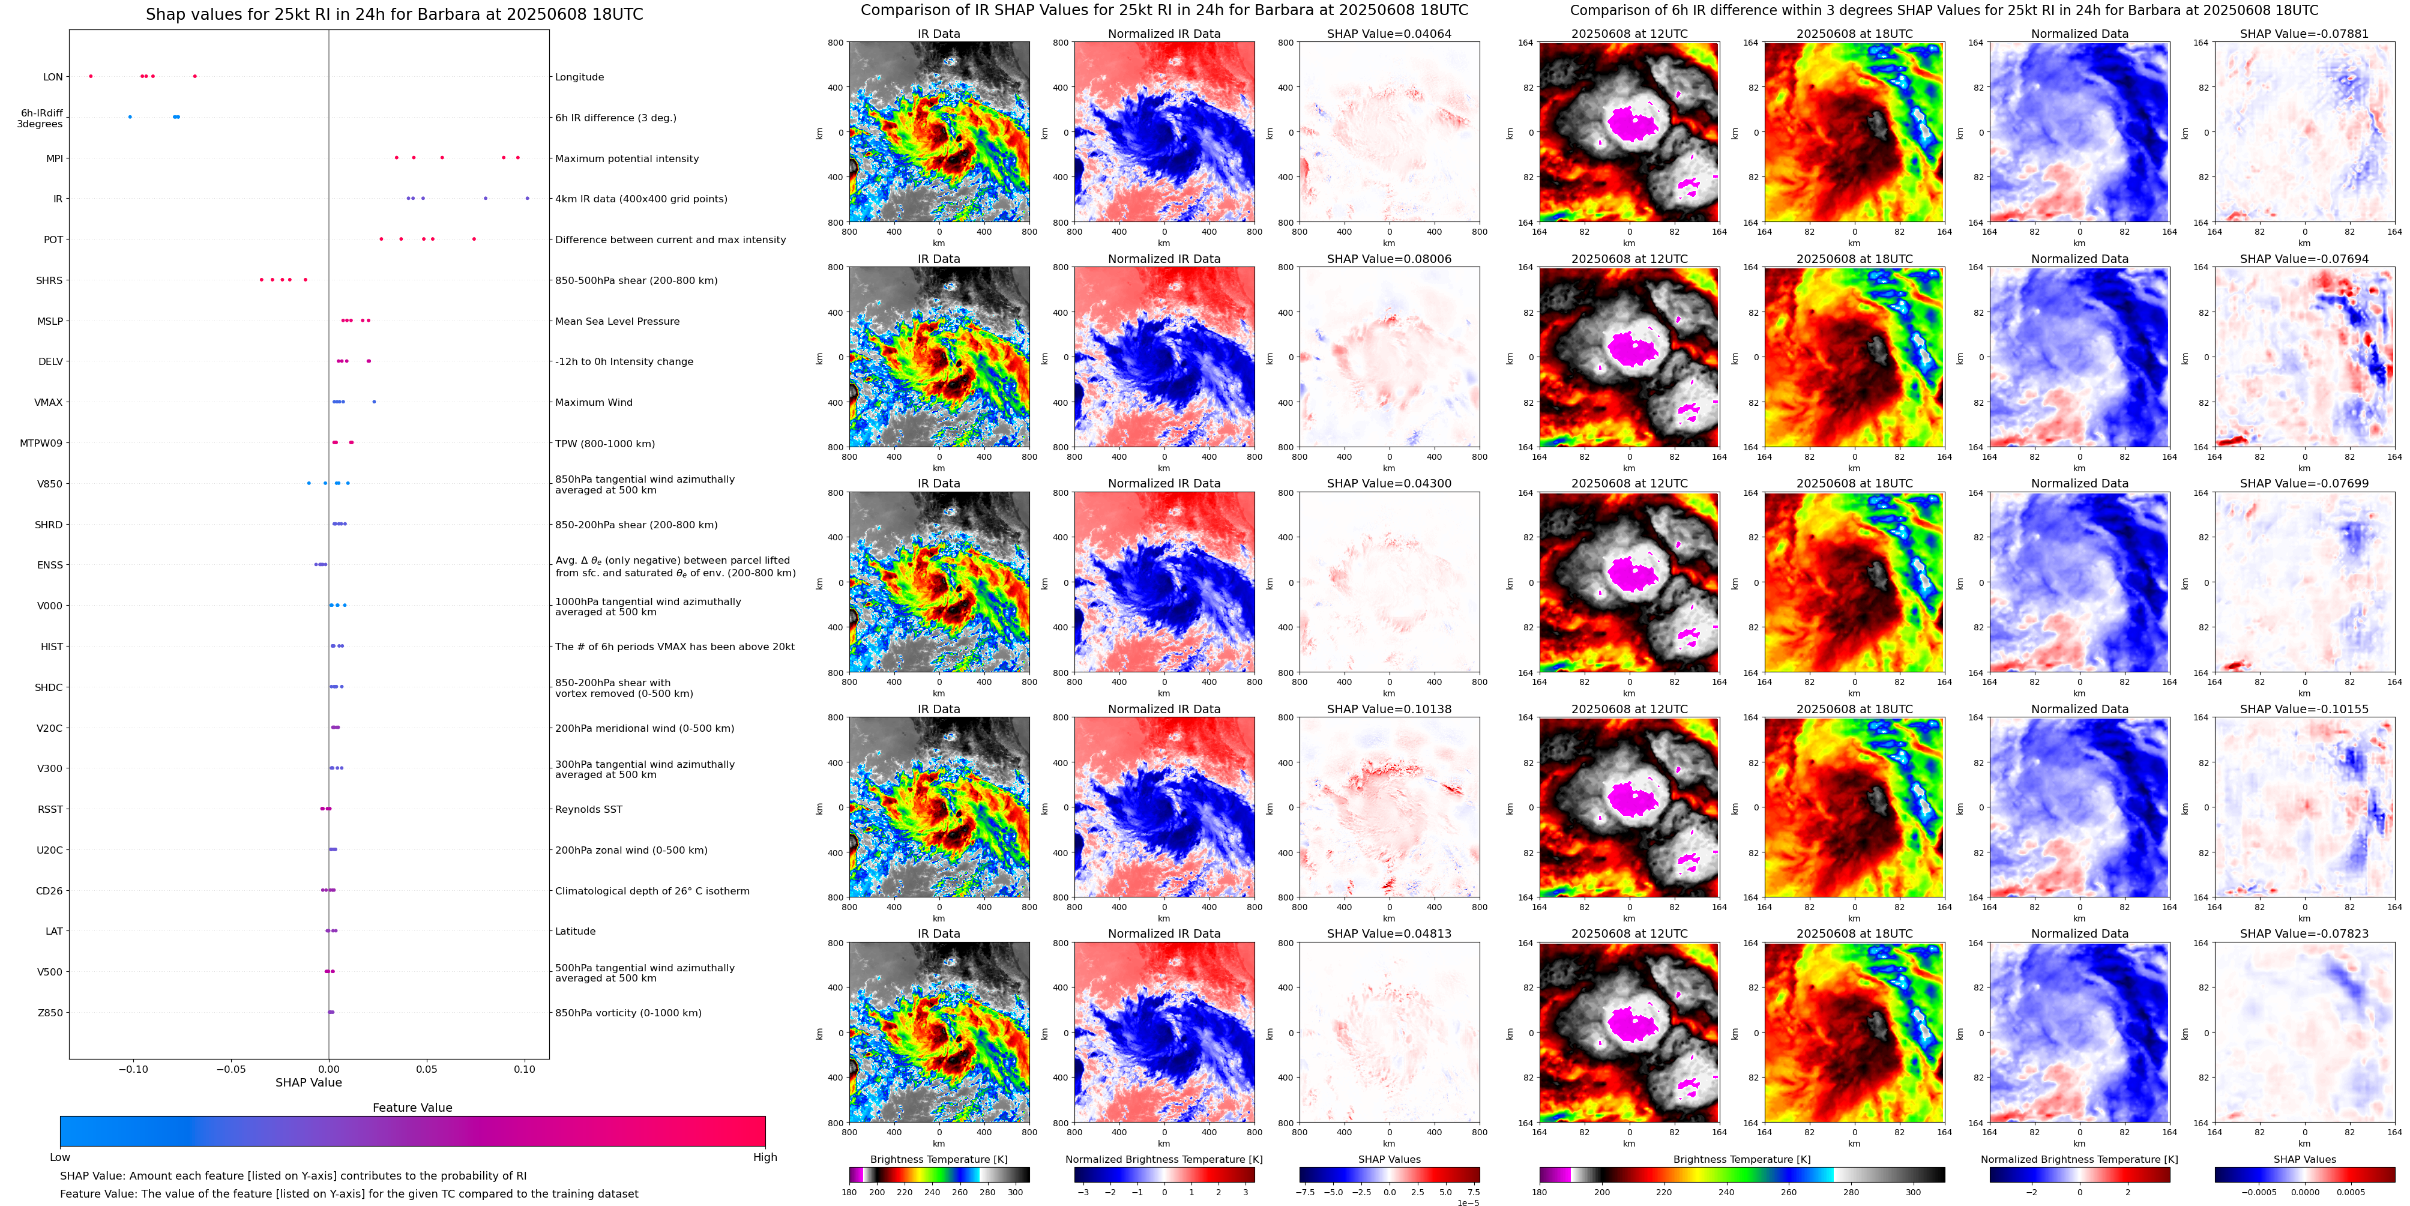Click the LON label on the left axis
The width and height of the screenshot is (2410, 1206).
point(53,77)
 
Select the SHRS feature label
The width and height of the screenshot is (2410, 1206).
point(50,281)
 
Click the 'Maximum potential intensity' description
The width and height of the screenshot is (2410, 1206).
point(627,159)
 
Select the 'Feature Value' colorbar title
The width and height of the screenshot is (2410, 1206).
point(412,1108)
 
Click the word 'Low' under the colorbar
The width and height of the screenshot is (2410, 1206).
point(60,1157)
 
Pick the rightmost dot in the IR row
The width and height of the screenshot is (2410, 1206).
point(528,198)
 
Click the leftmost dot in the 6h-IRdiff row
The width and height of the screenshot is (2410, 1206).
point(130,117)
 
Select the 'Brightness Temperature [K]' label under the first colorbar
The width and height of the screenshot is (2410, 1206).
point(938,1159)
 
